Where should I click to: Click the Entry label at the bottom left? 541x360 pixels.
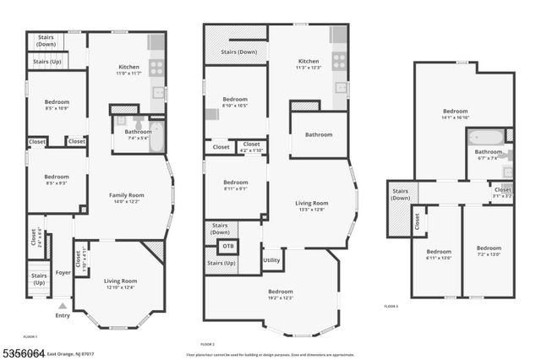63,316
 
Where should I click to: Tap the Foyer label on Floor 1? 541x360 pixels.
63,272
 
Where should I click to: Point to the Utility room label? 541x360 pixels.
271,259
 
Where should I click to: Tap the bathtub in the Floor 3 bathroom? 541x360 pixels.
485,136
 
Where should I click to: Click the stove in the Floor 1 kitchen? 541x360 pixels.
157,68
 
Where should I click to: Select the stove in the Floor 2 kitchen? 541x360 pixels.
339,61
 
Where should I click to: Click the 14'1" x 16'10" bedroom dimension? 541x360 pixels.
455,118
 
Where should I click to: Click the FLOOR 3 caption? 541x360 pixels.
391,306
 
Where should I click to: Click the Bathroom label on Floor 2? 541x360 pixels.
319,134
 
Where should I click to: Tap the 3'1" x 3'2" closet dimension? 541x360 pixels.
502,196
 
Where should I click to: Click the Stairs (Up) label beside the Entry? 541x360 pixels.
39,279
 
